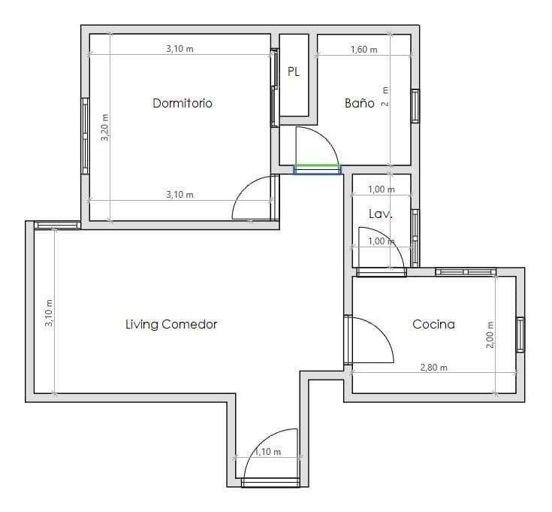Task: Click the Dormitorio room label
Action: pos(182,103)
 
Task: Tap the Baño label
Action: pos(360,103)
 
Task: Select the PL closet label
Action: pos(294,72)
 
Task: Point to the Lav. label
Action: pos(381,214)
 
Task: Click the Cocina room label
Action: pos(433,324)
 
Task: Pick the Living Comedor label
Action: pos(171,324)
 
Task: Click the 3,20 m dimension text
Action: pos(105,127)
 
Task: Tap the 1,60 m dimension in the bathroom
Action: pos(364,50)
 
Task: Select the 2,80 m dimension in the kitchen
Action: pos(434,368)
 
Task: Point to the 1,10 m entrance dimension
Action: pos(267,451)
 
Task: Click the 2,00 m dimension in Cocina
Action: pos(490,335)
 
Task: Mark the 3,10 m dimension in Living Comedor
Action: pos(49,313)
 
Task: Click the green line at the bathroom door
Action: pos(316,165)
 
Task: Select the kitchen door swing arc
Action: pos(381,332)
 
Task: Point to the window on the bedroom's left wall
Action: pos(85,136)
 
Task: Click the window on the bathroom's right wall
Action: pos(415,106)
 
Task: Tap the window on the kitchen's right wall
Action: pos(520,335)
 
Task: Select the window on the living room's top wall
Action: pos(57,225)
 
